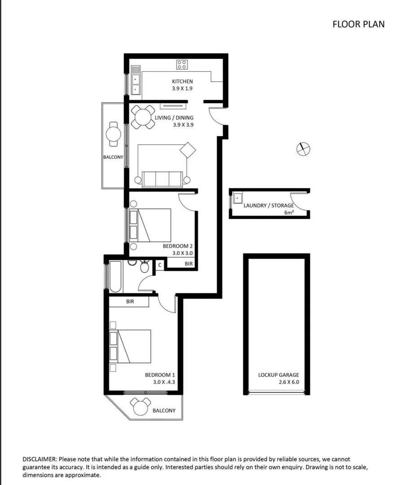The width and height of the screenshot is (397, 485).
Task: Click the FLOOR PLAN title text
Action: tap(358, 24)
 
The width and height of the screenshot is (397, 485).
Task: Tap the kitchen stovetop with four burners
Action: tap(182, 64)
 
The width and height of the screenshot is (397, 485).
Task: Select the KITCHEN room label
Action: tap(182, 82)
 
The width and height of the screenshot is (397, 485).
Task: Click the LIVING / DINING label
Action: tap(174, 118)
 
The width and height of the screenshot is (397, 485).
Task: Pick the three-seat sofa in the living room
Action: tap(162, 179)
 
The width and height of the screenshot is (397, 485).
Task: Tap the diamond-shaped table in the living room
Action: tap(188, 150)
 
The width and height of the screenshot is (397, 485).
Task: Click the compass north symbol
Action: tap(304, 149)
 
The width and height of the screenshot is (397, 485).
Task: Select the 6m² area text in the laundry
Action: tap(289, 212)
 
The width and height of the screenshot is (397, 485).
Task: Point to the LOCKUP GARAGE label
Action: tap(278, 375)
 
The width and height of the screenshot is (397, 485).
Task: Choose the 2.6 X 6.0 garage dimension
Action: tap(278, 383)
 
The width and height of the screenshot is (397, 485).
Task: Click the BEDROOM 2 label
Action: tap(178, 246)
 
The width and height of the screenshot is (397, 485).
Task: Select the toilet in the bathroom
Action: tap(144, 267)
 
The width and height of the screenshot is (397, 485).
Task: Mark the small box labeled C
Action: tap(159, 265)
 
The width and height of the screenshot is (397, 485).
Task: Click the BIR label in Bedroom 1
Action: tap(130, 302)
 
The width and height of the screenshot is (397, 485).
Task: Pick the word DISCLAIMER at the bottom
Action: tap(40, 459)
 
